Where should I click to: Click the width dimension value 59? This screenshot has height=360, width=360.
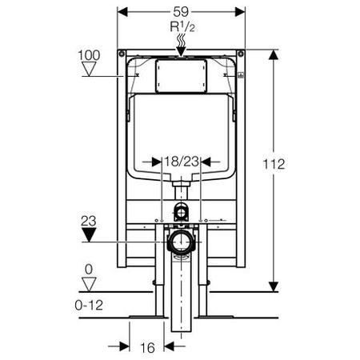[x=181, y=11]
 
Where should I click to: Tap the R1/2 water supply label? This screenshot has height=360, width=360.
[x=182, y=27]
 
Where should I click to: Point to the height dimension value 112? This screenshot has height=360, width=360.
[x=274, y=164]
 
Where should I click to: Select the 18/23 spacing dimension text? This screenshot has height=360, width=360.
[x=182, y=162]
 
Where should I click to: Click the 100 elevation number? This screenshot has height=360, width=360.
[x=89, y=55]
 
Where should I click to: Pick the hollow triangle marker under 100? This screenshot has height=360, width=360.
[x=89, y=69]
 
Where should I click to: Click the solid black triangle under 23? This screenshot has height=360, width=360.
[x=89, y=235]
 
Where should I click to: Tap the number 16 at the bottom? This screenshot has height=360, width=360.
[x=147, y=348]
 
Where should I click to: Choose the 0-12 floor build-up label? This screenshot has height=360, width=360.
[x=89, y=305]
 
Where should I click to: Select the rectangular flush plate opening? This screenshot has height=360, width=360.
[x=181, y=76]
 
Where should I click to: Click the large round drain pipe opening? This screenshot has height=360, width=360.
[x=181, y=242]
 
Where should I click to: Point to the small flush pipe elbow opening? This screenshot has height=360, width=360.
[x=181, y=213]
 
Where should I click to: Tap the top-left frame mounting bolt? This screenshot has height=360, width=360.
[x=122, y=54]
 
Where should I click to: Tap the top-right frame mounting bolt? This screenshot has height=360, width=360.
[x=241, y=54]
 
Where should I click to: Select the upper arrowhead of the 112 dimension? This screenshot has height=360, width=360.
[x=274, y=54]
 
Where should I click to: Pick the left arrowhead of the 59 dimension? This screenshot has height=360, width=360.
[x=122, y=12]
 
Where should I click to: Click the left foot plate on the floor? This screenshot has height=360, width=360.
[x=147, y=317]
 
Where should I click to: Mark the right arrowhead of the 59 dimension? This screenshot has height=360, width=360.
[x=240, y=12]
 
